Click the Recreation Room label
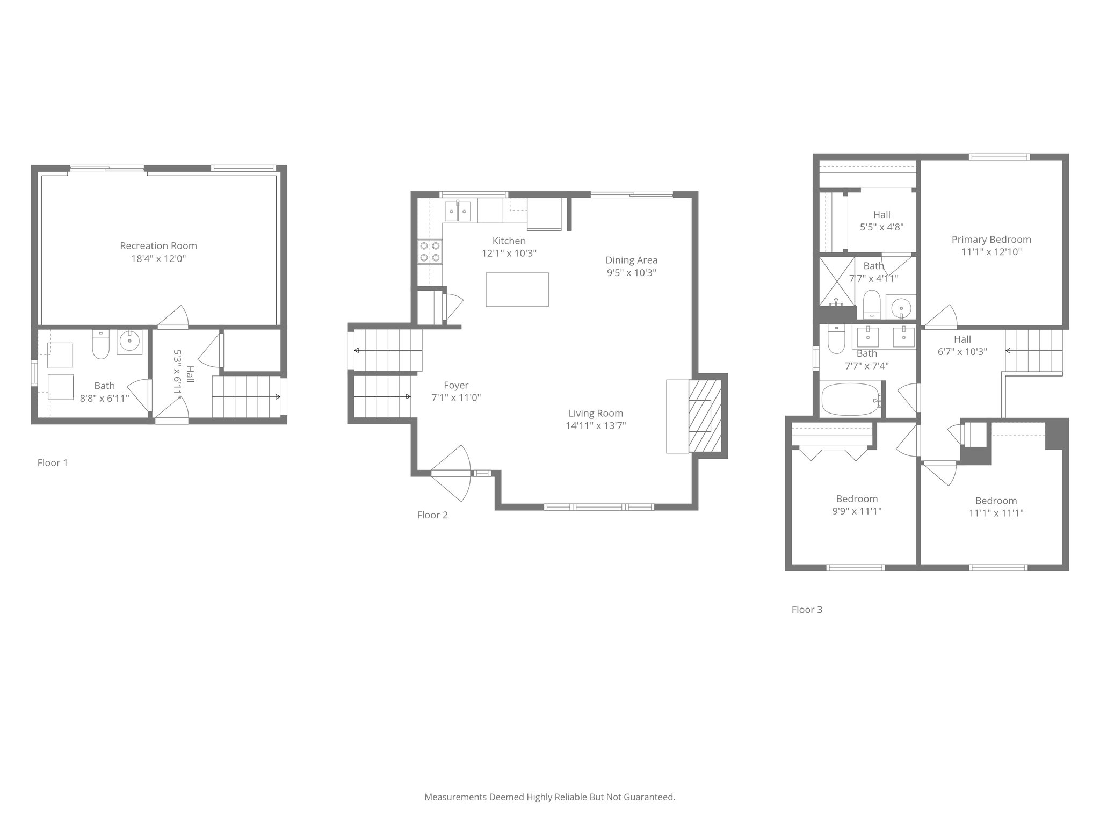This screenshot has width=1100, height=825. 158,246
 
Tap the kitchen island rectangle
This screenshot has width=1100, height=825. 517,290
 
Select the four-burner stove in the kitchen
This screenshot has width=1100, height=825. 430,252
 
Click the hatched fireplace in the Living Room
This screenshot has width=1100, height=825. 704,416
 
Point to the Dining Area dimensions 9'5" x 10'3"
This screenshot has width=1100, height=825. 631,272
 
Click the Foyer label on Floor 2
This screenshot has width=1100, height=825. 456,385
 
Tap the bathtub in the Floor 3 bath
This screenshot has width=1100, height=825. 852,399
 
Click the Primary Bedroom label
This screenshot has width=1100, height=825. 991,240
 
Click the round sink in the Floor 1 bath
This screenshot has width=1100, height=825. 129,340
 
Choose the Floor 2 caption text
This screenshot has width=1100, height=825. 432,515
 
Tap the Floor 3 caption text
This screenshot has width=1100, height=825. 807,610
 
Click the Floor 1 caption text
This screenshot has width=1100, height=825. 53,463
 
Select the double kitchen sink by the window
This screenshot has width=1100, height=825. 458,211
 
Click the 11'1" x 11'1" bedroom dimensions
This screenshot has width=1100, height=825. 996,513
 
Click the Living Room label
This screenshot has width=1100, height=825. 596,413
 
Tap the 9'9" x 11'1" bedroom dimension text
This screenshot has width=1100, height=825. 857,511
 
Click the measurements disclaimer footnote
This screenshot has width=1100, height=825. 549,797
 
